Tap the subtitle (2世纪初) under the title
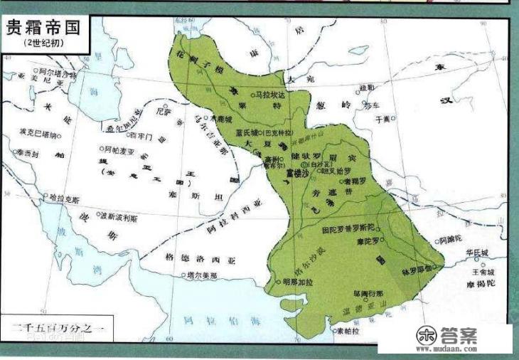pyautogui.click(x=41, y=44)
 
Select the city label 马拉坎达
pyautogui.click(x=272, y=94)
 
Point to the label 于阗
pyautogui.click(x=383, y=120)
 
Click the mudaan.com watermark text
pyautogui.click(x=451, y=349)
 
